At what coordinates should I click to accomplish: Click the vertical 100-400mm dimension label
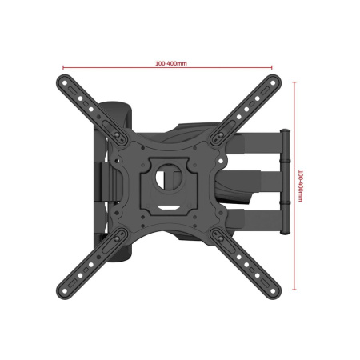click(300, 185)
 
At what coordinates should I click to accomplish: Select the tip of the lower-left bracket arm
click(64, 287)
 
